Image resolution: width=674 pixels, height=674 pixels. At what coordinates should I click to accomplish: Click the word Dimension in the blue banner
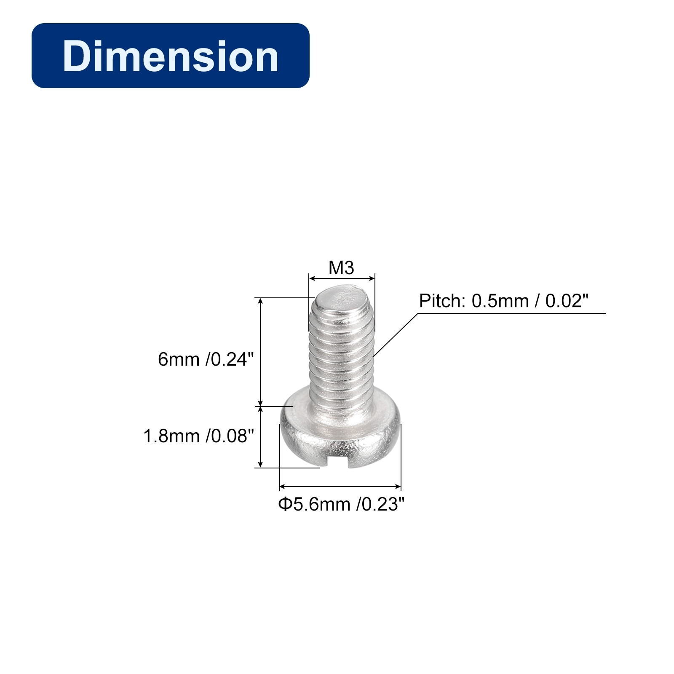(171, 56)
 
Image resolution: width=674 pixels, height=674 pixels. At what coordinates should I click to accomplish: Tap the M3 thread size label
(341, 268)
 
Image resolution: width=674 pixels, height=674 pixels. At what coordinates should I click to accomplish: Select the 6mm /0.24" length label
(206, 359)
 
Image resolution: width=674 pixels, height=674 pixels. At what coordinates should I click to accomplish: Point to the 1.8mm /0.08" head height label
(199, 436)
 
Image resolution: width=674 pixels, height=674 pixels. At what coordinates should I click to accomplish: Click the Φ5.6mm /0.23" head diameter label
(341, 504)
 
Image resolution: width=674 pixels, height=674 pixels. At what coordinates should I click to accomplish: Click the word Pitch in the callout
(442, 301)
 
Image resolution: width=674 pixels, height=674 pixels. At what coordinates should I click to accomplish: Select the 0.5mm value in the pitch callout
(500, 301)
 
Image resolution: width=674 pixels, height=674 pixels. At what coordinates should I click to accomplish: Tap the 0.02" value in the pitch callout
(567, 301)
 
